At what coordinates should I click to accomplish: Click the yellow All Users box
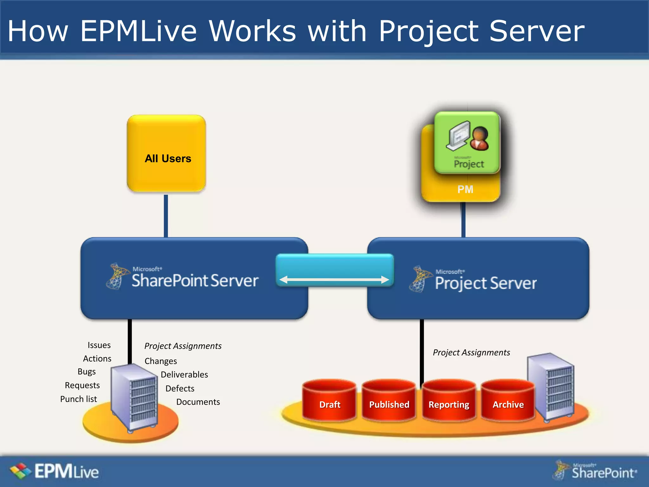coord(166,154)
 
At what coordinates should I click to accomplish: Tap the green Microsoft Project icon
coord(467,143)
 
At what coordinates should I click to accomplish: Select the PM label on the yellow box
coord(465,189)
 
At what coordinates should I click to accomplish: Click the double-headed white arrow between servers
coord(334,279)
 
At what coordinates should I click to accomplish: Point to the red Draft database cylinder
coord(329,401)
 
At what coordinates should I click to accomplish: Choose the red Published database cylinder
coord(389,401)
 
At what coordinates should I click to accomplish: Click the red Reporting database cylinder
coord(448,401)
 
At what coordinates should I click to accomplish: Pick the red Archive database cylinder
coord(508,401)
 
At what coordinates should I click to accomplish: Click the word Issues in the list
coord(99,345)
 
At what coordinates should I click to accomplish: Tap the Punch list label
coord(78,399)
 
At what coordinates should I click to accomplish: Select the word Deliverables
coord(184,374)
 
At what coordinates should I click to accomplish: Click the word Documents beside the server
coord(198,402)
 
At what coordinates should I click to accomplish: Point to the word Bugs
coord(87,372)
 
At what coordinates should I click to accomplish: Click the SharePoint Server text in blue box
coord(195,280)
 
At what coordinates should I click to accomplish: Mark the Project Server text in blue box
coord(485,283)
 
